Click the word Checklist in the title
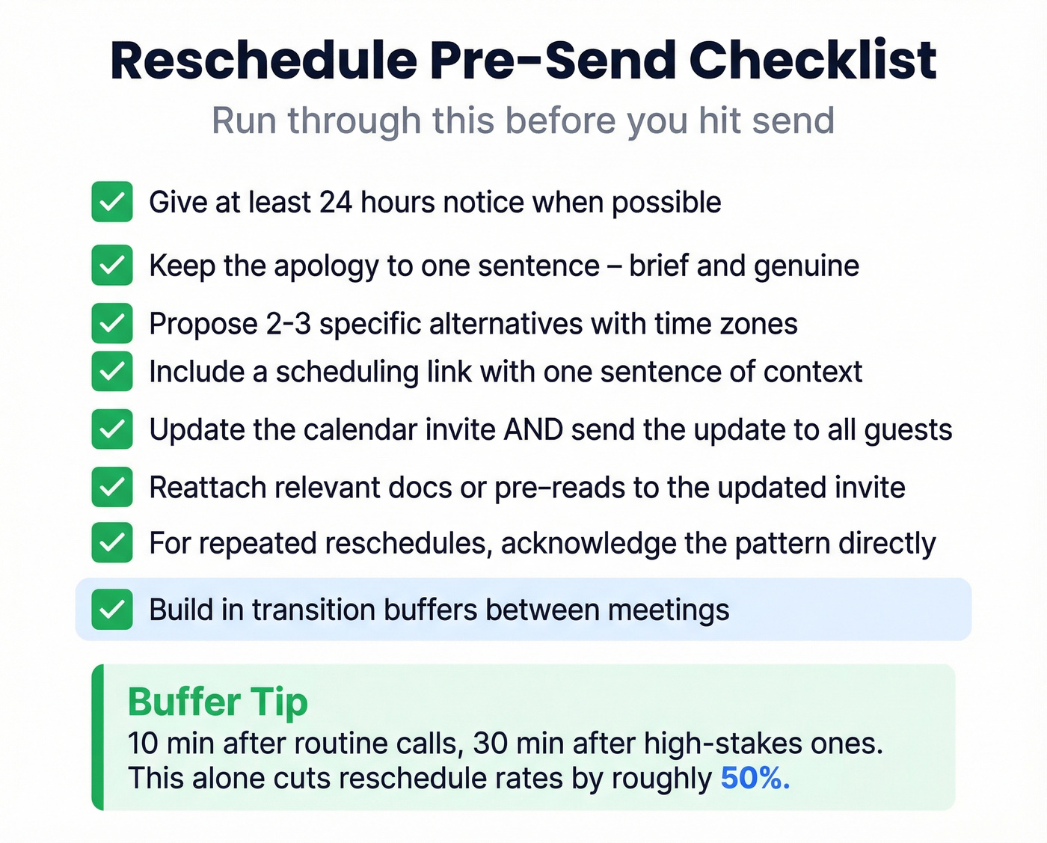pyautogui.click(x=812, y=61)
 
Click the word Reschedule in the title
pyautogui.click(x=263, y=61)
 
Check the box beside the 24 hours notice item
pyautogui.click(x=112, y=202)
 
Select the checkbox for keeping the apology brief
pyautogui.click(x=112, y=266)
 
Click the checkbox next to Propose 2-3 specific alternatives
pyautogui.click(x=112, y=323)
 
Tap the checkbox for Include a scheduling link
pyautogui.click(x=112, y=371)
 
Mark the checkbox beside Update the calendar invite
pyautogui.click(x=112, y=429)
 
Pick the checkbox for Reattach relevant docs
pyautogui.click(x=112, y=487)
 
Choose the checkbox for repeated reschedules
pyautogui.click(x=112, y=543)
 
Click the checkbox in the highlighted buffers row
pyautogui.click(x=112, y=610)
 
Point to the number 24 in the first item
pyautogui.click(x=335, y=203)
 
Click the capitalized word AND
pyautogui.click(x=533, y=430)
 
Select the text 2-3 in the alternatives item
pyautogui.click(x=288, y=324)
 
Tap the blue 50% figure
pyautogui.click(x=755, y=779)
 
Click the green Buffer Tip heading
pyautogui.click(x=218, y=702)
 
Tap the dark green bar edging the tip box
pyautogui.click(x=97, y=737)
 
